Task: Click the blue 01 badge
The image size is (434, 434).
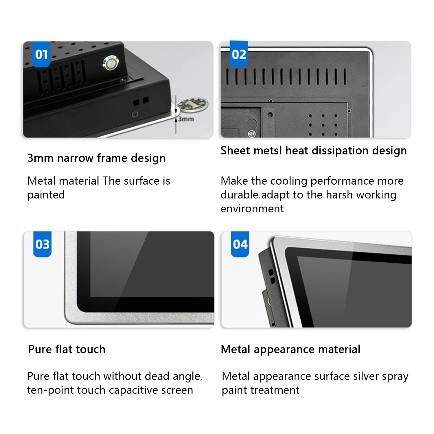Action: tap(41, 54)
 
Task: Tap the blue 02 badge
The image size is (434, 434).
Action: tap(239, 54)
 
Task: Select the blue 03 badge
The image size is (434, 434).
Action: tap(42, 244)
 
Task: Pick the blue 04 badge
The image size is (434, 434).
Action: tap(240, 244)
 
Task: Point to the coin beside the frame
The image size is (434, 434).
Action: tap(193, 104)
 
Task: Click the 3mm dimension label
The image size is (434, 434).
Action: tap(186, 119)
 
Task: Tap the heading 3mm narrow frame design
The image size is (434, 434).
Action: tap(96, 158)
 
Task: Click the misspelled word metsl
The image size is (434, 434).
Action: tap(268, 150)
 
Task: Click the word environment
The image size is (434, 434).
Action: tap(252, 209)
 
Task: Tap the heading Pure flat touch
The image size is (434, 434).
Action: tap(67, 349)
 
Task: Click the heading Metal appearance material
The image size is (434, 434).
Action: tap(290, 349)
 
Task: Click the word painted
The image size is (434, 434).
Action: tap(46, 195)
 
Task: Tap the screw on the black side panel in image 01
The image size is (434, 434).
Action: tap(135, 114)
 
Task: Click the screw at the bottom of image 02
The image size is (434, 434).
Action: tap(252, 134)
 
